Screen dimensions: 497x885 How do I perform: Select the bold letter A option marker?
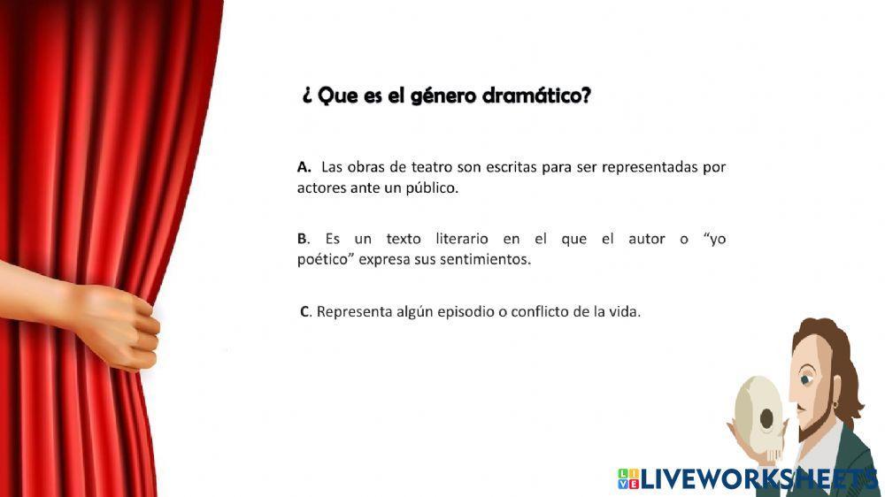tap(304, 166)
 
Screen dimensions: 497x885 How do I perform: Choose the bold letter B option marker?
tap(304, 239)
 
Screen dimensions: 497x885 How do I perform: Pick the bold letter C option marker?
tap(305, 311)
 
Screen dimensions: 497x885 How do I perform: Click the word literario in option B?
tap(466, 239)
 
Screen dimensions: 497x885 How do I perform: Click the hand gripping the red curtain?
tap(119, 323)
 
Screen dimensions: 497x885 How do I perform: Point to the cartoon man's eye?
tap(806, 379)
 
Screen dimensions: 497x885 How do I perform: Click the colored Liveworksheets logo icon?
tap(627, 478)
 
